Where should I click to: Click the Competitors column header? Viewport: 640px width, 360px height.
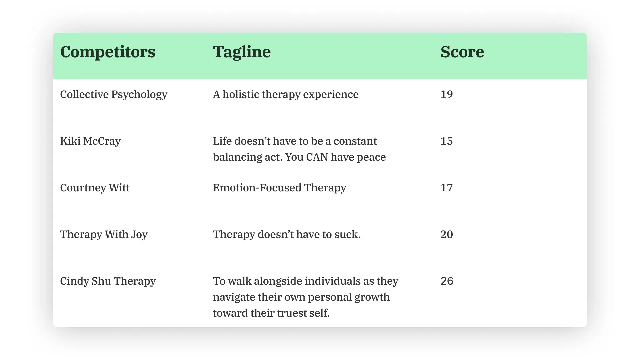tap(108, 52)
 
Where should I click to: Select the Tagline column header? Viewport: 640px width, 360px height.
tap(242, 52)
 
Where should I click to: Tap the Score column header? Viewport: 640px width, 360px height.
tap(462, 52)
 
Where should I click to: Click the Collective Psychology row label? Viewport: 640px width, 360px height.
tap(114, 95)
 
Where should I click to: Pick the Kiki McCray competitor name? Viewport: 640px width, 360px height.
tap(90, 141)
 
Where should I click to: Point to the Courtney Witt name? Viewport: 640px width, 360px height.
tap(95, 188)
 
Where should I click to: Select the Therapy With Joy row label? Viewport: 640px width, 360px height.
tap(104, 235)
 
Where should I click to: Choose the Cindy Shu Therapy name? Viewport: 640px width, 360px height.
tap(108, 281)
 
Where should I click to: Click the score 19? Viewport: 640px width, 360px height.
tap(447, 94)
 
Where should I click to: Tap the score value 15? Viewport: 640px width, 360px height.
tap(447, 141)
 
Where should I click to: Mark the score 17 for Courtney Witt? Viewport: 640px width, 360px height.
tap(447, 188)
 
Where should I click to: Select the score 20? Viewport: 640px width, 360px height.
tap(447, 234)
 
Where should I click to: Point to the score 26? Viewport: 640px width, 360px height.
tap(447, 281)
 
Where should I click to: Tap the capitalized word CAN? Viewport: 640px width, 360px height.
tap(317, 157)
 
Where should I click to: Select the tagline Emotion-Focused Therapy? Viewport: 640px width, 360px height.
tap(279, 188)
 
